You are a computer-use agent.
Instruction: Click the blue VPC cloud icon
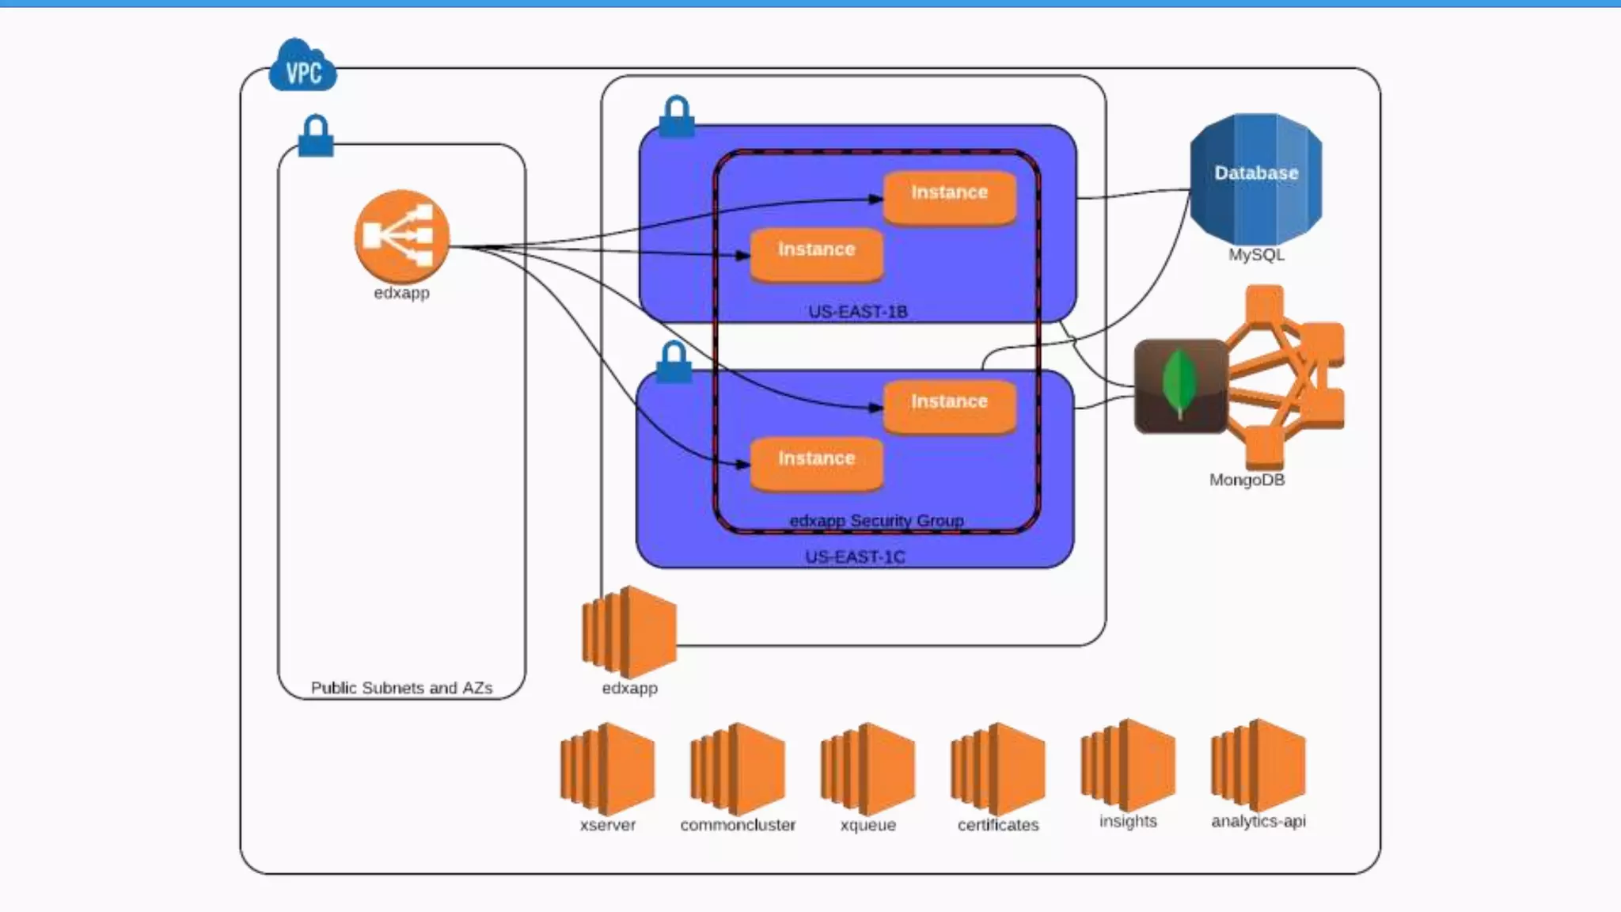click(x=302, y=66)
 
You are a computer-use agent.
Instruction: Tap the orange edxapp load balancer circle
click(x=402, y=236)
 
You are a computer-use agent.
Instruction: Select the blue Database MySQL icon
click(x=1256, y=179)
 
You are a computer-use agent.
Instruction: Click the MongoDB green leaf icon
click(x=1180, y=386)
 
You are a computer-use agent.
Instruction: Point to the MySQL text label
click(x=1256, y=255)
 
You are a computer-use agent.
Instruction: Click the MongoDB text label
click(x=1247, y=480)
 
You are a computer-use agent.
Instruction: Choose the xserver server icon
click(x=607, y=769)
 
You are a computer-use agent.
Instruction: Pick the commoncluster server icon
click(x=737, y=769)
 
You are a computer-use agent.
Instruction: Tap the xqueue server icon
click(x=867, y=769)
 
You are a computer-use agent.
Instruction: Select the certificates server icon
click(x=997, y=769)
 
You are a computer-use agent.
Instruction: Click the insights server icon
click(x=1128, y=766)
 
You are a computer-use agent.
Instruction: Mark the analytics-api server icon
click(x=1258, y=766)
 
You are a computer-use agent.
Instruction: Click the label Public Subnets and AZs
click(x=401, y=688)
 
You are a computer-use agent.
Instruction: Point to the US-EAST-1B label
click(x=857, y=312)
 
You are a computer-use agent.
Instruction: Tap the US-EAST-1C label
click(x=855, y=557)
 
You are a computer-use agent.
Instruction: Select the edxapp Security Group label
click(x=876, y=521)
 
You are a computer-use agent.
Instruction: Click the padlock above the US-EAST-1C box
click(x=674, y=363)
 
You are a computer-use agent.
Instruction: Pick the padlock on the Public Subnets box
click(x=316, y=136)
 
